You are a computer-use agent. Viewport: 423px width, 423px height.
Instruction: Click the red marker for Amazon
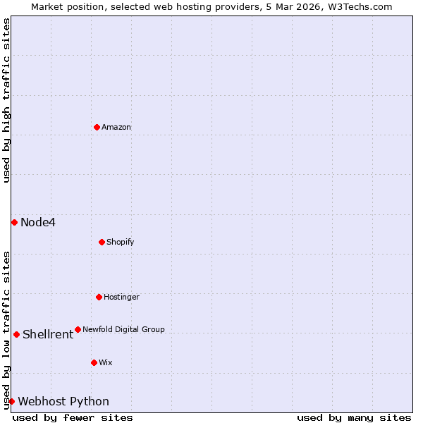point(97,127)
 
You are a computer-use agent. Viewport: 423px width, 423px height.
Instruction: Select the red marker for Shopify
point(102,242)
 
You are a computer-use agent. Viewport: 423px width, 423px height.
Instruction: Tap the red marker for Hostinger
point(99,297)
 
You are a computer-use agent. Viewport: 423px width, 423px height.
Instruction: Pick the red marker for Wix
point(94,362)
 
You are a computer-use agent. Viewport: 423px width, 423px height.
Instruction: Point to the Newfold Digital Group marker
point(78,329)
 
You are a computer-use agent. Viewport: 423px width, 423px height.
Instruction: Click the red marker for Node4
point(14,222)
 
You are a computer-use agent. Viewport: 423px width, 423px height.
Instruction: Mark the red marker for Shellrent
point(16,334)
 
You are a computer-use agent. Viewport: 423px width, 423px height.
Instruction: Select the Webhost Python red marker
point(11,401)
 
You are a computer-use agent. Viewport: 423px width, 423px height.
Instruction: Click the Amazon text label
point(116,127)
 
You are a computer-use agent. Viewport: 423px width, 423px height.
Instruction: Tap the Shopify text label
point(121,242)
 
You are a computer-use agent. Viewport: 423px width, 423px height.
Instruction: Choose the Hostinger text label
point(121,297)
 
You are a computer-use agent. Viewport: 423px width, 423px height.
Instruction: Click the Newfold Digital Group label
point(123,329)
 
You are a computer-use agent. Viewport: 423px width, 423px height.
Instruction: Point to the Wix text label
point(106,362)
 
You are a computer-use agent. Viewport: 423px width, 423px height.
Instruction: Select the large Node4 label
point(38,223)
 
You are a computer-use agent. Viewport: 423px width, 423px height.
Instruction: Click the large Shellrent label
point(48,335)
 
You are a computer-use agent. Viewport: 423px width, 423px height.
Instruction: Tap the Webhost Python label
point(63,402)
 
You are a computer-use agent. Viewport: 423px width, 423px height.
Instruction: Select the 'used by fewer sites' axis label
point(73,417)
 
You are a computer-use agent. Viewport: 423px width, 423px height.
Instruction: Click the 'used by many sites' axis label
point(354,417)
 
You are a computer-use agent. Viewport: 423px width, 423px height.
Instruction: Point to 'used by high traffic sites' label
point(6,100)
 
